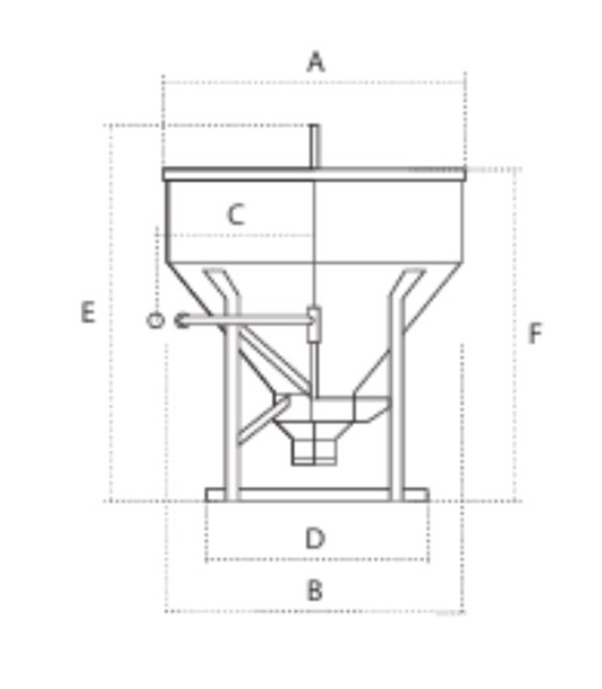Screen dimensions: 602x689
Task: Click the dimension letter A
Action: pos(315,61)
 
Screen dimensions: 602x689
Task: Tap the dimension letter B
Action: pos(315,590)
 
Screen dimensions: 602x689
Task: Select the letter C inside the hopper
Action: pos(236,215)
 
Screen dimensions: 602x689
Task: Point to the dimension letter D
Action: pos(315,539)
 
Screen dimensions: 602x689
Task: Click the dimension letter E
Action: pos(88,312)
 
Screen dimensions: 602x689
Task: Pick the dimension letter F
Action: pos(535,333)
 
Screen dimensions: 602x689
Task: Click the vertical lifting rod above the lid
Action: pos(314,146)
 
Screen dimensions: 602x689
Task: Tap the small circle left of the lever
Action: pos(155,320)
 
